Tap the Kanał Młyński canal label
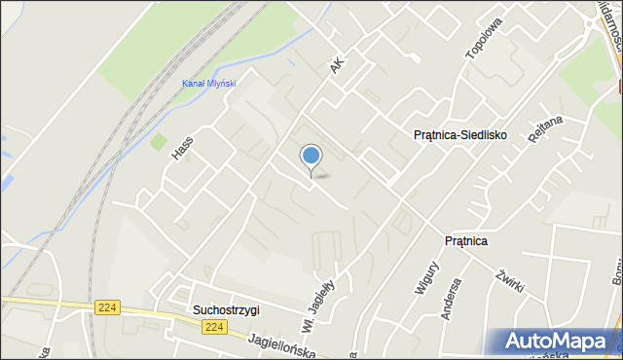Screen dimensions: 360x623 pyautogui.click(x=209, y=84)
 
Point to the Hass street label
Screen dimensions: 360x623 pyautogui.click(x=182, y=147)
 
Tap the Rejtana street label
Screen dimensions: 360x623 pyautogui.click(x=546, y=141)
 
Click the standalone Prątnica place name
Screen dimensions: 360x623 pyautogui.click(x=465, y=240)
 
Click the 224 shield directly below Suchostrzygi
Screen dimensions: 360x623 pyautogui.click(x=215, y=327)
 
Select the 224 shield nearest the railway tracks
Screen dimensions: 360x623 pyautogui.click(x=108, y=306)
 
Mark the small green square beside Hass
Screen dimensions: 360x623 pyautogui.click(x=158, y=142)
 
